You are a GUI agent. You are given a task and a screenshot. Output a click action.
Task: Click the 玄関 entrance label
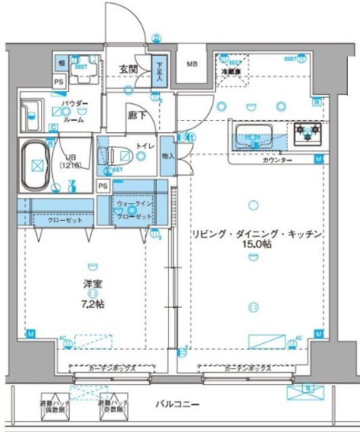click(x=129, y=68)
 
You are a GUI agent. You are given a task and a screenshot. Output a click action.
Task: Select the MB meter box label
click(x=192, y=65)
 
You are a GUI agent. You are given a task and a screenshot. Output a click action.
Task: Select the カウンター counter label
click(x=277, y=160)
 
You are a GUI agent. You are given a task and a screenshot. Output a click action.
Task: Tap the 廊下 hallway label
click(x=136, y=115)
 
